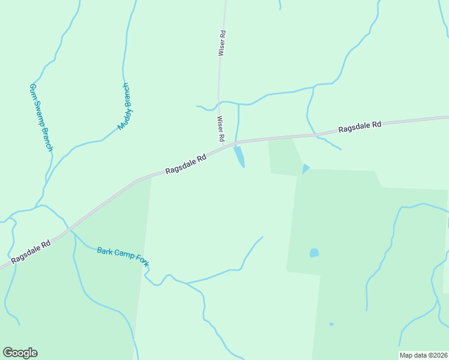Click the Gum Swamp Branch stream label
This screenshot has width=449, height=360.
41,117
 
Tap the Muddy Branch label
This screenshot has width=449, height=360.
125,107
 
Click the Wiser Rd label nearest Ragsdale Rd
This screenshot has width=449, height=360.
220,129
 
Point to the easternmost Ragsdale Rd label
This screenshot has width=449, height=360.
360,127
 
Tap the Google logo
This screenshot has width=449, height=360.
20,353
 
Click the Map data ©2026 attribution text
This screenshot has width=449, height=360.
423,355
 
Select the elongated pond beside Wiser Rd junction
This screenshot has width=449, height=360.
239,157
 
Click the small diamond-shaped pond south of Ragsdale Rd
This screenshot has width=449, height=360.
306,169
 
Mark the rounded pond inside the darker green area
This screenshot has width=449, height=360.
314,253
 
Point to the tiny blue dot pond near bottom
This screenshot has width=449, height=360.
331,325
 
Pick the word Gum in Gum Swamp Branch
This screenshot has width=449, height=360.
33,91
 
